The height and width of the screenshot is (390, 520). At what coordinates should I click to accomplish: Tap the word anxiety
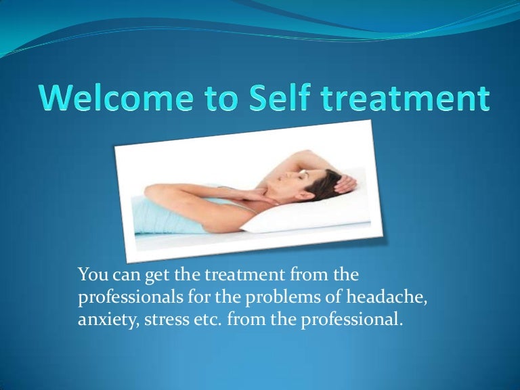(105, 320)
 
